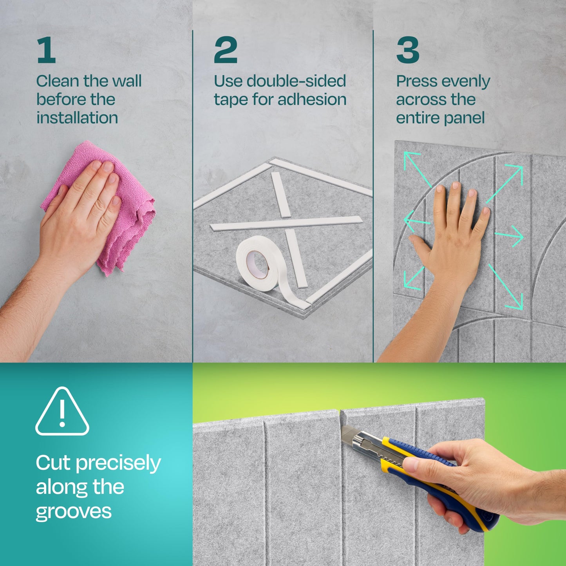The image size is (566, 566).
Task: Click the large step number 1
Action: tap(46, 50)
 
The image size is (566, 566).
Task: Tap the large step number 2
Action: tap(226, 50)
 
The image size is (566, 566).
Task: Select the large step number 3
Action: tap(408, 50)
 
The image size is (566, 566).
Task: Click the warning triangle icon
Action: tap(62, 412)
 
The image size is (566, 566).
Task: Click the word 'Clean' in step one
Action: tap(58, 81)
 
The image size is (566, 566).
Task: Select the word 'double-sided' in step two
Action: tap(296, 81)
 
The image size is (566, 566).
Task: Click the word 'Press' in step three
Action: tap(414, 81)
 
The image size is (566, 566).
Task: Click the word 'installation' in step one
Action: tap(77, 118)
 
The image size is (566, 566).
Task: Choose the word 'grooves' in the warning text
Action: tap(74, 512)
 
